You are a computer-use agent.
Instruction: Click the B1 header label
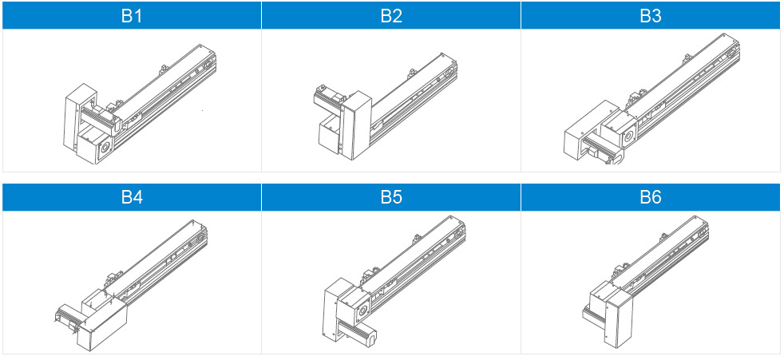(132, 16)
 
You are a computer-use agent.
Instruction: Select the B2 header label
(391, 16)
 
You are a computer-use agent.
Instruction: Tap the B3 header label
(651, 16)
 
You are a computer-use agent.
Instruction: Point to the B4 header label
(132, 197)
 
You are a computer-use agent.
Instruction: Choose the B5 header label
(391, 197)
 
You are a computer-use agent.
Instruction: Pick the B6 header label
(651, 197)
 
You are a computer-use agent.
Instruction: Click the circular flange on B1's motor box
(105, 148)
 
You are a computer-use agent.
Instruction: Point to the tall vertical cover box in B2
(355, 125)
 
